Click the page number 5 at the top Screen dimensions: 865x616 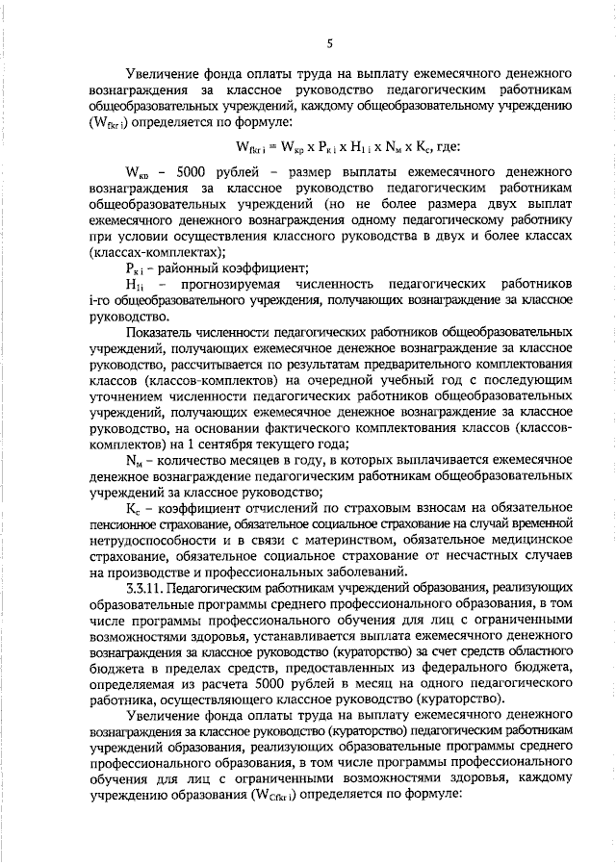(x=329, y=43)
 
